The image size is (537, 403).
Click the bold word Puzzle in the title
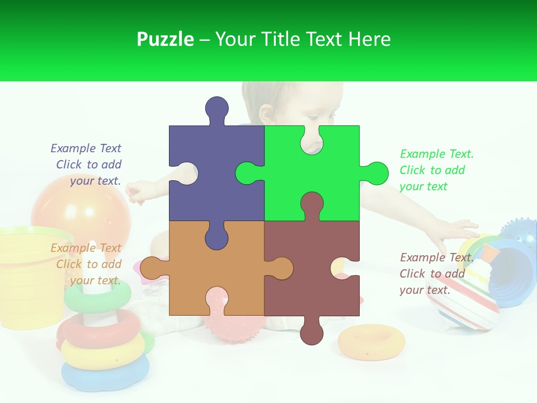point(165,39)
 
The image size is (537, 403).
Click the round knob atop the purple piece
point(216,108)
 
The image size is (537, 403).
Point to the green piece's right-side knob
point(375,173)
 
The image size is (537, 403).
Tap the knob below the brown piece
point(312,333)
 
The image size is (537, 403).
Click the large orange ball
point(73,207)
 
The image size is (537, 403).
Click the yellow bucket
point(28,274)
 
